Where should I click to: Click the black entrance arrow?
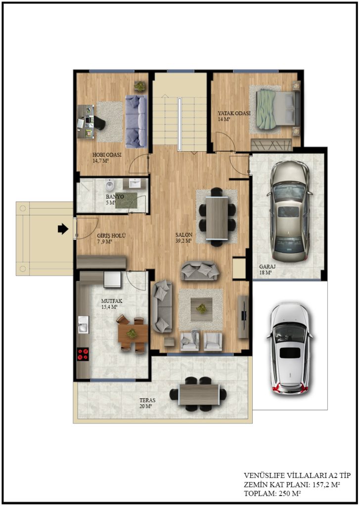coord(63,229)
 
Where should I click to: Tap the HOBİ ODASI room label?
coord(107,155)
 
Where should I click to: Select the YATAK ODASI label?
coord(234,113)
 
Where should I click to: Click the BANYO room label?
coord(115,197)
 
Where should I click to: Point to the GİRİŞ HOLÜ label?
coord(111,236)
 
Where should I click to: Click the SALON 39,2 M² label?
coord(184,238)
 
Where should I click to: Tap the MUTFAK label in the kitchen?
coord(112,301)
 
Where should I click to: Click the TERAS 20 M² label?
coord(147,403)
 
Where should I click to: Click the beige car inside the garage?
coord(289,211)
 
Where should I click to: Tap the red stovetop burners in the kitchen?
coord(83,354)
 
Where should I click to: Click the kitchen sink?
coord(83,324)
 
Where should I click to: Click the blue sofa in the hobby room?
coord(136,122)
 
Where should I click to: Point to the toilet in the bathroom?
coord(110,185)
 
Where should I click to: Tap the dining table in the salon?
coord(217,217)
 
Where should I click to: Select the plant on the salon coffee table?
coord(201,308)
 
